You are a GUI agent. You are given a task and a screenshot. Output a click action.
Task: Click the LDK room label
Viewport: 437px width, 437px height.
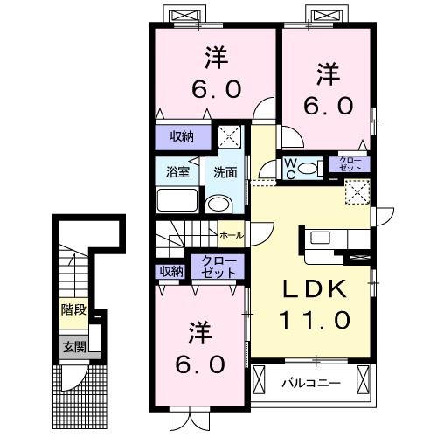point(314,290)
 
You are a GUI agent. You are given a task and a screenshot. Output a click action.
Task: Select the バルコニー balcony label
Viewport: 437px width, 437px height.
point(310,383)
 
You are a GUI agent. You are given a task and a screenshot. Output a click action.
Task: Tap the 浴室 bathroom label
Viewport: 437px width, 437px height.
point(177,171)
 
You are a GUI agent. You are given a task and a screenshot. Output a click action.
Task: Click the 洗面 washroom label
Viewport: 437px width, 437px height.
point(225,171)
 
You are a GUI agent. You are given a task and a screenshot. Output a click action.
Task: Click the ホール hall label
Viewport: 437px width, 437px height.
point(232,235)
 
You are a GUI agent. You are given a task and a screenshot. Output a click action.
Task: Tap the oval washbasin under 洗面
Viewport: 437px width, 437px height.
point(218,205)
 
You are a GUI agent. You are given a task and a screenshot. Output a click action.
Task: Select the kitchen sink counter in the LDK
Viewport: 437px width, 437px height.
point(320,238)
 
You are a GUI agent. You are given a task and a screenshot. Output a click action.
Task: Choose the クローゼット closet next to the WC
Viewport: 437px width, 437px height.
point(348,163)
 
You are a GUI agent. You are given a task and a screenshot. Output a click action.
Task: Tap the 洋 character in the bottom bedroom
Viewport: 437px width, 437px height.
point(198,332)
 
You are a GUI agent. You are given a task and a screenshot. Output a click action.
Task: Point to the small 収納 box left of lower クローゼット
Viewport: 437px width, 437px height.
point(171,271)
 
